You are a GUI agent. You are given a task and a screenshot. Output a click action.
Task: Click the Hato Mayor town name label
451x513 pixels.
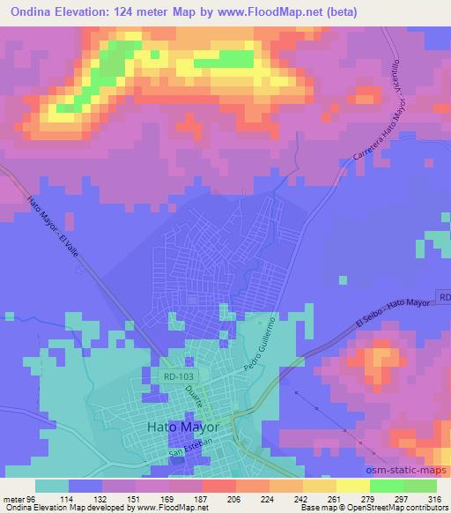tap(184, 426)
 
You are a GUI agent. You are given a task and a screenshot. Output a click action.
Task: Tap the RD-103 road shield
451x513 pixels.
tap(180, 376)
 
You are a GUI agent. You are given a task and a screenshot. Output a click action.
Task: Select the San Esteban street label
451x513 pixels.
tap(190, 451)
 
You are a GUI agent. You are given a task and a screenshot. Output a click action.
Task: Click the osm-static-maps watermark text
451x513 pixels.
tap(401, 468)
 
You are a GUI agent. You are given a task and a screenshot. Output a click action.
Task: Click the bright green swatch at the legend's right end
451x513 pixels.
tap(420, 485)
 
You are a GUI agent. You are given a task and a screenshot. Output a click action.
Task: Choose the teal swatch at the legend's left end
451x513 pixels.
tap(53, 485)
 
